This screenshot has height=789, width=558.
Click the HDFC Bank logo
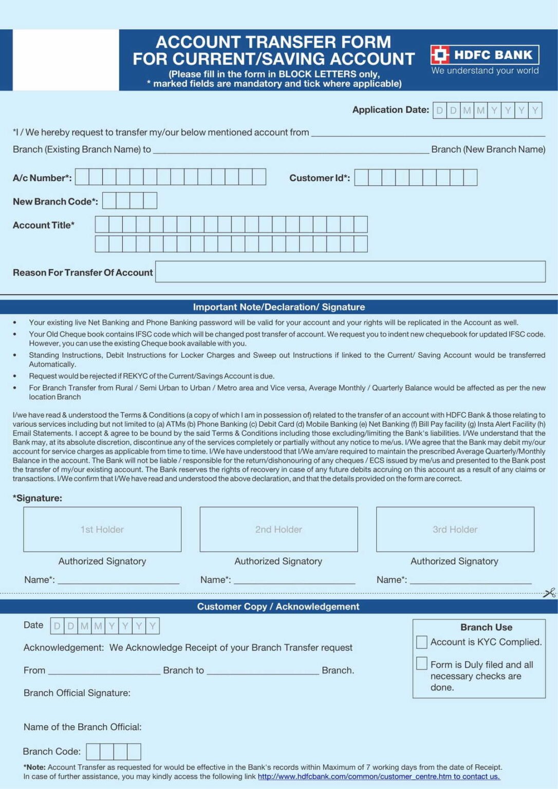(485, 54)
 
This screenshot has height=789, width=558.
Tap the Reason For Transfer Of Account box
(350, 272)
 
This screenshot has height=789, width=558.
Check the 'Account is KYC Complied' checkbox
(422, 642)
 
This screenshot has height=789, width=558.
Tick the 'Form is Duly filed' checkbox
(422, 664)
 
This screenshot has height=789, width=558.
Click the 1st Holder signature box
(102, 529)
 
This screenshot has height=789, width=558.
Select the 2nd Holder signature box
(278, 529)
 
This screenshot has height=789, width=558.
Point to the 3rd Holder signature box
(455, 529)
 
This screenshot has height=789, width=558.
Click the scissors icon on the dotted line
(549, 593)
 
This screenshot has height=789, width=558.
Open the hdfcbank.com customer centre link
(379, 777)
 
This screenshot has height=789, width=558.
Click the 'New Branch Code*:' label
(55, 201)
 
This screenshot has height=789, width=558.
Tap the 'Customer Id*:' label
(319, 178)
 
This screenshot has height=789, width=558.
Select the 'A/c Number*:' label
(42, 178)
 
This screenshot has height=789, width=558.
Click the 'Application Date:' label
(390, 109)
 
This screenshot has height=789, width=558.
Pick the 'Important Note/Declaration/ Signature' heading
(279, 307)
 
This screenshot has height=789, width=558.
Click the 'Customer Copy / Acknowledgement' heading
(278, 606)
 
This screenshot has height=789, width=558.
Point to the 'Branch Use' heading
(486, 627)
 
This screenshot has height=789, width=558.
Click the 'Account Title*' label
(44, 225)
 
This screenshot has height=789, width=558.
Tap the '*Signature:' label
(38, 498)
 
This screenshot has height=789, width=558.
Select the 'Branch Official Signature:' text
(77, 693)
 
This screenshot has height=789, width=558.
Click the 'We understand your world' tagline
(485, 70)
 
